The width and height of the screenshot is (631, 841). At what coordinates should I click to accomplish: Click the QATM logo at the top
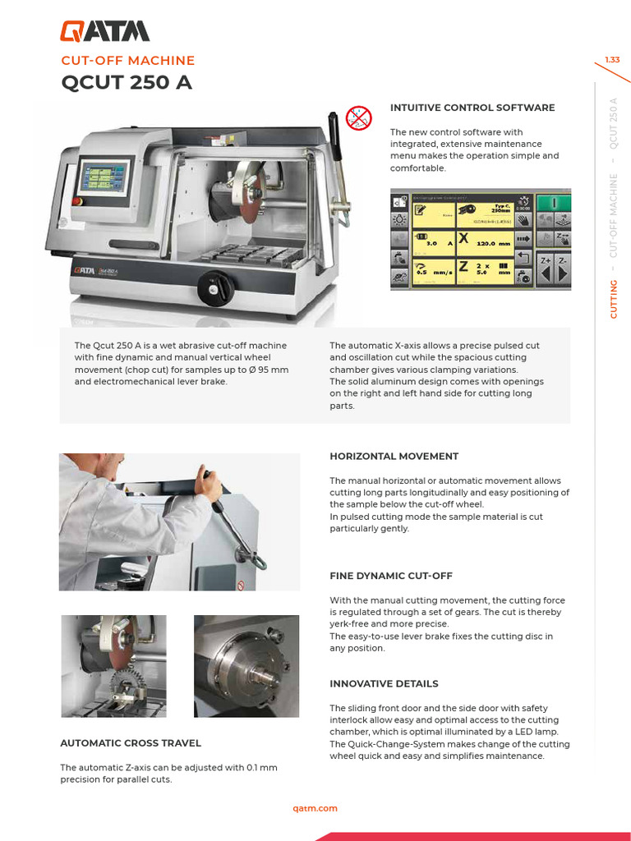tap(104, 31)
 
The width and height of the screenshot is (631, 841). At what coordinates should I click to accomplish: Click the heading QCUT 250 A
tap(127, 83)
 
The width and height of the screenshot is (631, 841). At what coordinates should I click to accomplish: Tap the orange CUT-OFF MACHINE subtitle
tap(127, 61)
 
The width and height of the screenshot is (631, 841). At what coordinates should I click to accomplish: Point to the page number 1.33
tap(612, 60)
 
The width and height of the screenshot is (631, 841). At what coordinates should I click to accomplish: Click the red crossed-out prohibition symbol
tap(358, 118)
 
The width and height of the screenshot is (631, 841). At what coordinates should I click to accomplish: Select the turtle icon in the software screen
tap(399, 278)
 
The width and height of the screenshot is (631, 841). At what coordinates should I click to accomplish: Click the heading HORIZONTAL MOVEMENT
tap(394, 456)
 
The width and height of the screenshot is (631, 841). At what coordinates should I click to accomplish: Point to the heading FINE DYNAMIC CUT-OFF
tap(391, 576)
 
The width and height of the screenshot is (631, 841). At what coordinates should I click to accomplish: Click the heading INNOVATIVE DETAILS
tap(384, 683)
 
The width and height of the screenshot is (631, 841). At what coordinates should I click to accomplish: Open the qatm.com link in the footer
tap(315, 808)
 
